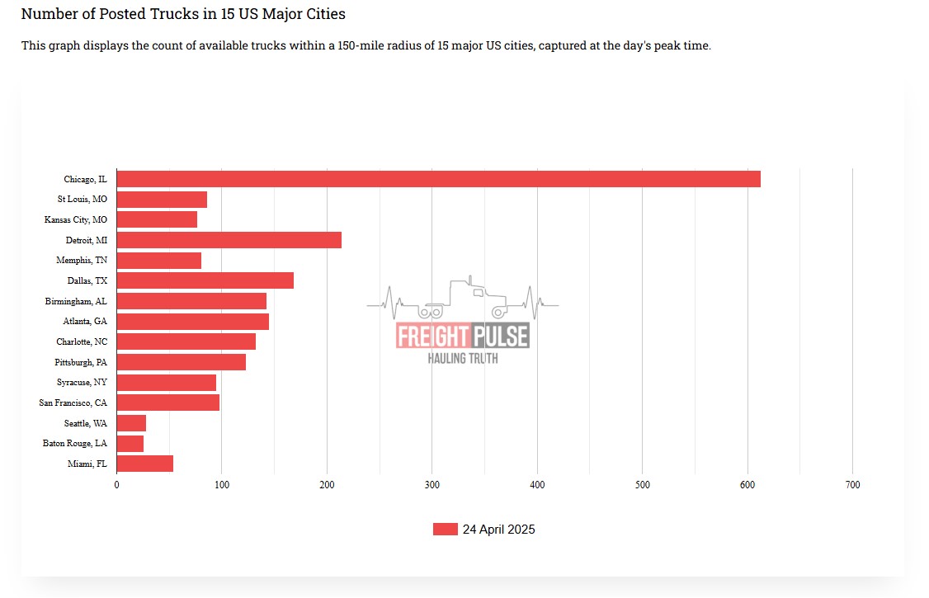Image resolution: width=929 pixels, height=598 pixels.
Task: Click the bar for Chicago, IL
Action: pos(438,179)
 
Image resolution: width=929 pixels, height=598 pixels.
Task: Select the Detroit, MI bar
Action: pos(229,240)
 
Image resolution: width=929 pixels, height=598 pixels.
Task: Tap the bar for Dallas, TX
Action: pos(205,280)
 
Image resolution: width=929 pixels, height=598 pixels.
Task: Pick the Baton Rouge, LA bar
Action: pos(130,444)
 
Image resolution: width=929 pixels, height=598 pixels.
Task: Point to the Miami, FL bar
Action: pos(145,464)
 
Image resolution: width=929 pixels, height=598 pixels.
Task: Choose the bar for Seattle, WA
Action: pos(131,423)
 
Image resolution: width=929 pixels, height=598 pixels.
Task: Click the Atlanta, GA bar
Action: pos(192,322)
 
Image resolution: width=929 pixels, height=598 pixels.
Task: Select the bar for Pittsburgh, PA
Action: pos(181,362)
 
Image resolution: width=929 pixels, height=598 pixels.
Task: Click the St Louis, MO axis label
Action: pos(82,200)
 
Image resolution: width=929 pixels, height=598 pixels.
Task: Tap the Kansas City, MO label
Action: pos(75,220)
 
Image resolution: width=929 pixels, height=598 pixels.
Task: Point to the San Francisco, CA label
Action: pos(73,403)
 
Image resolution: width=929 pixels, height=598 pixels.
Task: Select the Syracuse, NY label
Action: pos(82,383)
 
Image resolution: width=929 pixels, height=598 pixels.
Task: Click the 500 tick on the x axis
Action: pos(643,485)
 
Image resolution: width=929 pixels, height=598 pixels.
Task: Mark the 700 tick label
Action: pos(852,485)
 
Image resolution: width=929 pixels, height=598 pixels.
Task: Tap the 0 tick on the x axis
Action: pos(116,485)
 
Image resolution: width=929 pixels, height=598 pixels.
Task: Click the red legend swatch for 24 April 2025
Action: pos(445,530)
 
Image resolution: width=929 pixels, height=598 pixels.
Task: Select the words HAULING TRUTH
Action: pos(462,358)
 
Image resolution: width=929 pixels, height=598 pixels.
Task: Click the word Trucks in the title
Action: pos(167,14)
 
